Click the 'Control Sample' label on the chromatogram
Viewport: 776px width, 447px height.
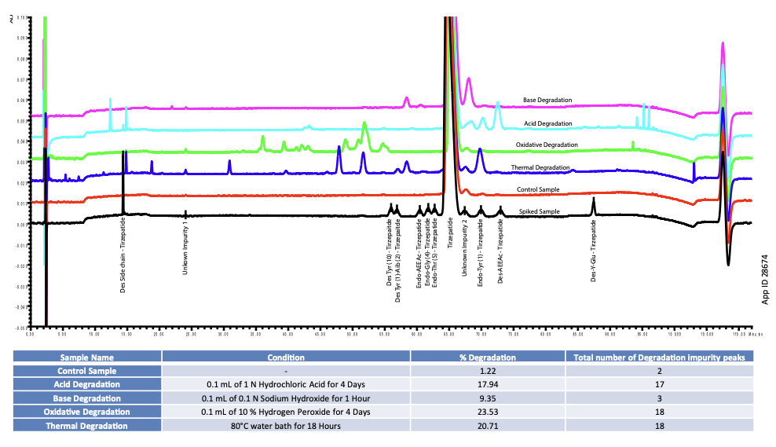[x=538, y=190]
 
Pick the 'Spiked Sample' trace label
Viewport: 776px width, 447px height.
[x=539, y=212]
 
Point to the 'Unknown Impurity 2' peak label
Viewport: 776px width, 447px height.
[x=465, y=248]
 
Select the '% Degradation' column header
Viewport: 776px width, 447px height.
[x=488, y=357]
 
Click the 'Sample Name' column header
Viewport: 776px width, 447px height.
[x=87, y=357]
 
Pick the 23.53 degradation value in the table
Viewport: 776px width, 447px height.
[x=488, y=412]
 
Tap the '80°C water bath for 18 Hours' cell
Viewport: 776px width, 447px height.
[x=286, y=425]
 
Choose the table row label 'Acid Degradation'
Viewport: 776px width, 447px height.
[x=87, y=384]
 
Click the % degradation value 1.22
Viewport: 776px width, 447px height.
[x=488, y=371]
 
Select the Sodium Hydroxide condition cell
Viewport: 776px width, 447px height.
[x=286, y=398]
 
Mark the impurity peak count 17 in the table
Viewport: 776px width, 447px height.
[x=659, y=384]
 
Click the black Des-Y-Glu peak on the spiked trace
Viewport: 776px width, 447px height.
[x=593, y=204]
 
